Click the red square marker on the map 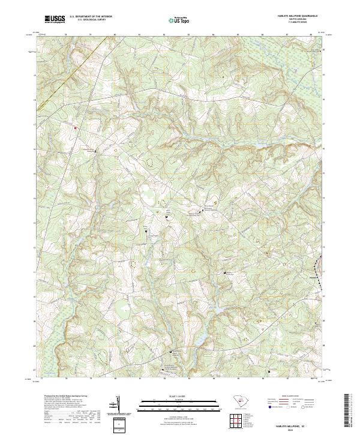pos(76,127)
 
